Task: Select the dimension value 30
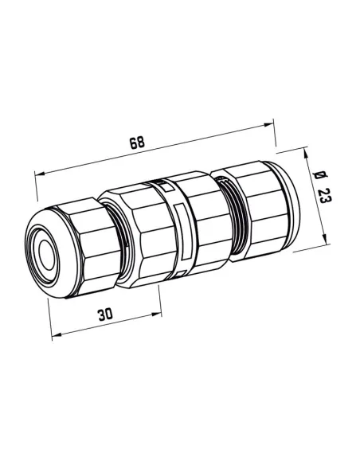click(104, 315)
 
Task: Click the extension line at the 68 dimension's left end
click(37, 191)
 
